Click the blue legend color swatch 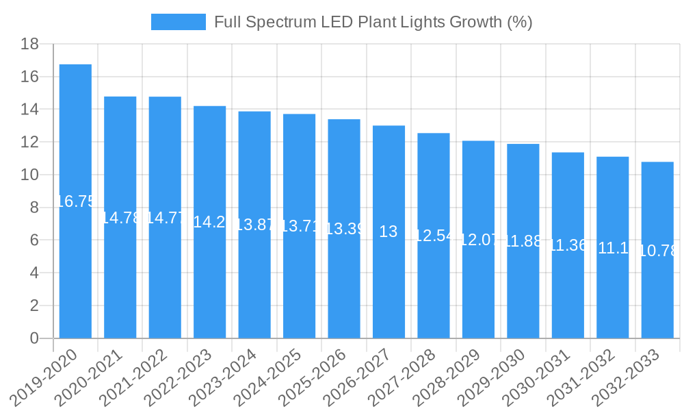click(178, 22)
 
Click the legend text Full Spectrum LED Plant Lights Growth click(373, 22)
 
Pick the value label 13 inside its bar click(389, 232)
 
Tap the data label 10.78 click(657, 251)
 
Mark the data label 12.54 click(434, 236)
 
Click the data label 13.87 click(254, 225)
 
